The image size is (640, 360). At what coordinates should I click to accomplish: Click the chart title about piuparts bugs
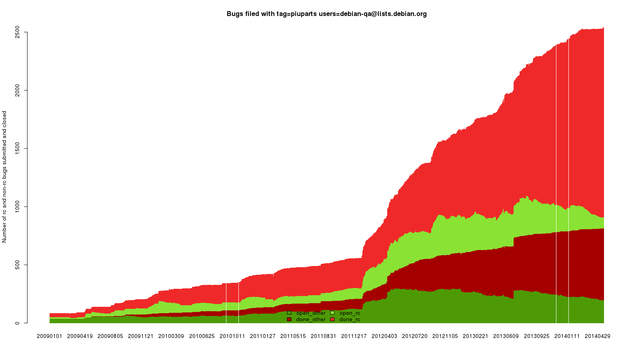click(x=326, y=14)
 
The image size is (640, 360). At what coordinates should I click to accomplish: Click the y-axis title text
click(x=4, y=177)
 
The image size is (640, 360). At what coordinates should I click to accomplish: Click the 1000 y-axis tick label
click(x=18, y=206)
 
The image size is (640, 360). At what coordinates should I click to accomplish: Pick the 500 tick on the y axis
click(x=18, y=265)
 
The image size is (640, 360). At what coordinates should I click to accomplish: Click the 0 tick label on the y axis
click(x=18, y=323)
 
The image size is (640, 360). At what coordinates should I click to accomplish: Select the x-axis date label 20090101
click(x=50, y=336)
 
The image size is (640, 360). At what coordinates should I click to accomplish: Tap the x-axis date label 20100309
click(x=171, y=336)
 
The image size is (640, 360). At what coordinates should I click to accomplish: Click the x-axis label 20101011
click(x=232, y=336)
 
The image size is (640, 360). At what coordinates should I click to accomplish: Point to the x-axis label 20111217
click(x=354, y=336)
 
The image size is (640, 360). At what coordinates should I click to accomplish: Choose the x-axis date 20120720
click(x=415, y=336)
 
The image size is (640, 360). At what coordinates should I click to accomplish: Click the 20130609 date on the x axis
click(x=506, y=336)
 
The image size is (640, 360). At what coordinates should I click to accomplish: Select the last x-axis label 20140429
click(x=598, y=336)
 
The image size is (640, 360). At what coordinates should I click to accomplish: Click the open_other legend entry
click(x=306, y=313)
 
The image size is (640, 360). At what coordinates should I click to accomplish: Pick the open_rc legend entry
click(x=345, y=313)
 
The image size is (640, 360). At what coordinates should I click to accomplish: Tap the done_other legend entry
click(x=306, y=320)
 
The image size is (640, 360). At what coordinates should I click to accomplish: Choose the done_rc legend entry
click(x=345, y=320)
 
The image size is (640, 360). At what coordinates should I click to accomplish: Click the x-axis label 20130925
click(x=536, y=336)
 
